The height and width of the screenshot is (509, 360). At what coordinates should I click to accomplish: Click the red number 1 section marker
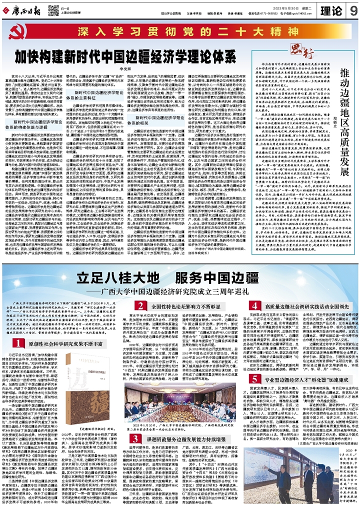pos(16,342)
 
